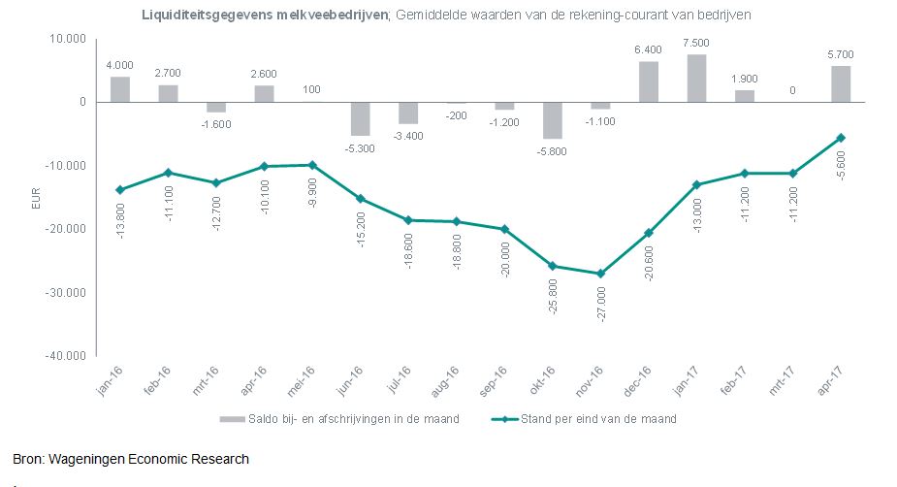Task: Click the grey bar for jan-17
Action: (696, 79)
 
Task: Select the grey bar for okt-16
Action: (552, 120)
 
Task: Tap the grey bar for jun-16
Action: (360, 118)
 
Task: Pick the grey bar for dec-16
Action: (648, 81)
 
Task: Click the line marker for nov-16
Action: (600, 274)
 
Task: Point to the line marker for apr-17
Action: (840, 138)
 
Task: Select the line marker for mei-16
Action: (311, 165)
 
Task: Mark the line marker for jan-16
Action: (119, 189)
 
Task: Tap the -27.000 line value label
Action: (601, 304)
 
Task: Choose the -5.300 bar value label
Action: (360, 148)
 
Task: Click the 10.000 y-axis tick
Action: (68, 39)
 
